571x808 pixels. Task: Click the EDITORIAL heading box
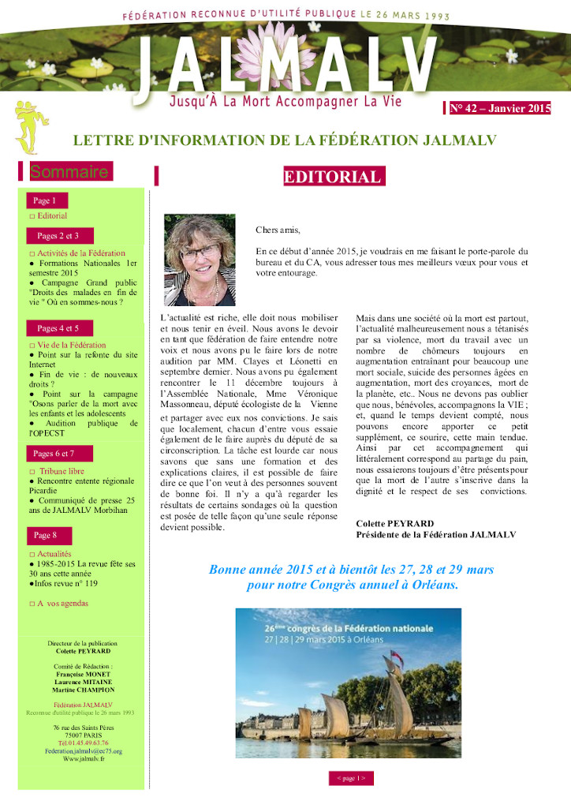coord(334,176)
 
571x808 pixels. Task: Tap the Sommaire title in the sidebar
coord(69,171)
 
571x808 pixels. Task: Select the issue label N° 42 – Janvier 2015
coord(500,109)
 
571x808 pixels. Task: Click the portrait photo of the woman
coord(200,260)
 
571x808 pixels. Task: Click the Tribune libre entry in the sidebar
coord(60,470)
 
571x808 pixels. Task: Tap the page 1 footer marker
coord(351,778)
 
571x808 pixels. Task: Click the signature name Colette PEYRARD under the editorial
coord(395,523)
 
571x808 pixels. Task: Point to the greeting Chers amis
coord(278,230)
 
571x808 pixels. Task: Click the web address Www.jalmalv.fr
coord(83,758)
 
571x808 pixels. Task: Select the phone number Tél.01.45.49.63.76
coord(83,743)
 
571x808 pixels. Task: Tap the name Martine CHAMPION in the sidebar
coord(83,689)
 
